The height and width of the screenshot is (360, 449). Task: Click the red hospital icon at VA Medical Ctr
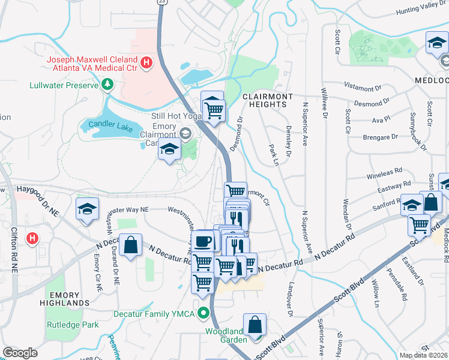tap(146, 62)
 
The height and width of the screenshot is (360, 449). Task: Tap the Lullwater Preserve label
tap(64, 85)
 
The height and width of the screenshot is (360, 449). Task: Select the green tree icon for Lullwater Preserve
tap(107, 85)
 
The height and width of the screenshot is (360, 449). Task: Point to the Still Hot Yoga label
tap(176, 116)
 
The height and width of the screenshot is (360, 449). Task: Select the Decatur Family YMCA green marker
tap(204, 313)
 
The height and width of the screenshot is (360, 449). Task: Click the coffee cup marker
tap(202, 241)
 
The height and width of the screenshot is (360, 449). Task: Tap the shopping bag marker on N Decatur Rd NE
tap(130, 245)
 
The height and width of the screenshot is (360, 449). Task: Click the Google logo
tap(20, 352)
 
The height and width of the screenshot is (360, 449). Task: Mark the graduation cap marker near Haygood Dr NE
tap(87, 209)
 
